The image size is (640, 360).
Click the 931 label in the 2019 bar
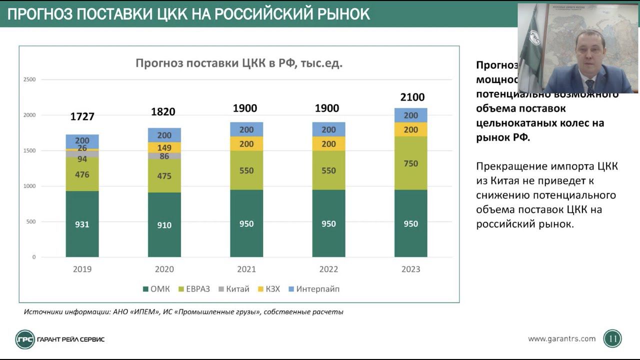[x=82, y=224]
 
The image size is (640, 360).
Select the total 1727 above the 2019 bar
[x=82, y=116]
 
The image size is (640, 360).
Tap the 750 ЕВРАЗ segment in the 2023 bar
[x=410, y=163]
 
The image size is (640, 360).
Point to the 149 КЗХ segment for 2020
[x=164, y=147]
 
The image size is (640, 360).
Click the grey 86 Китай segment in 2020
[x=164, y=156]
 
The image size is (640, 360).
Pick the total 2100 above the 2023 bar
[x=412, y=97]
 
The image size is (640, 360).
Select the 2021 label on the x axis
[x=246, y=269]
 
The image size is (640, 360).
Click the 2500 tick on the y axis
[x=29, y=79]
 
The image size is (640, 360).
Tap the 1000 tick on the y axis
[x=29, y=186]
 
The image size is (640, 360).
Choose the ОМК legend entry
[x=156, y=289]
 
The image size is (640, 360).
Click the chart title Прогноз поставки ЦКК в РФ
[x=239, y=63]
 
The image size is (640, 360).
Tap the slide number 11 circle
[x=612, y=339]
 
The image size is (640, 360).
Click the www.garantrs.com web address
[x=561, y=338]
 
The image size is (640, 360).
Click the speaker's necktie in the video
[x=590, y=83]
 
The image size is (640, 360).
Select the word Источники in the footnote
[x=41, y=312]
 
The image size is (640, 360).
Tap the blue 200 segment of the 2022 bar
[x=328, y=129]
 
